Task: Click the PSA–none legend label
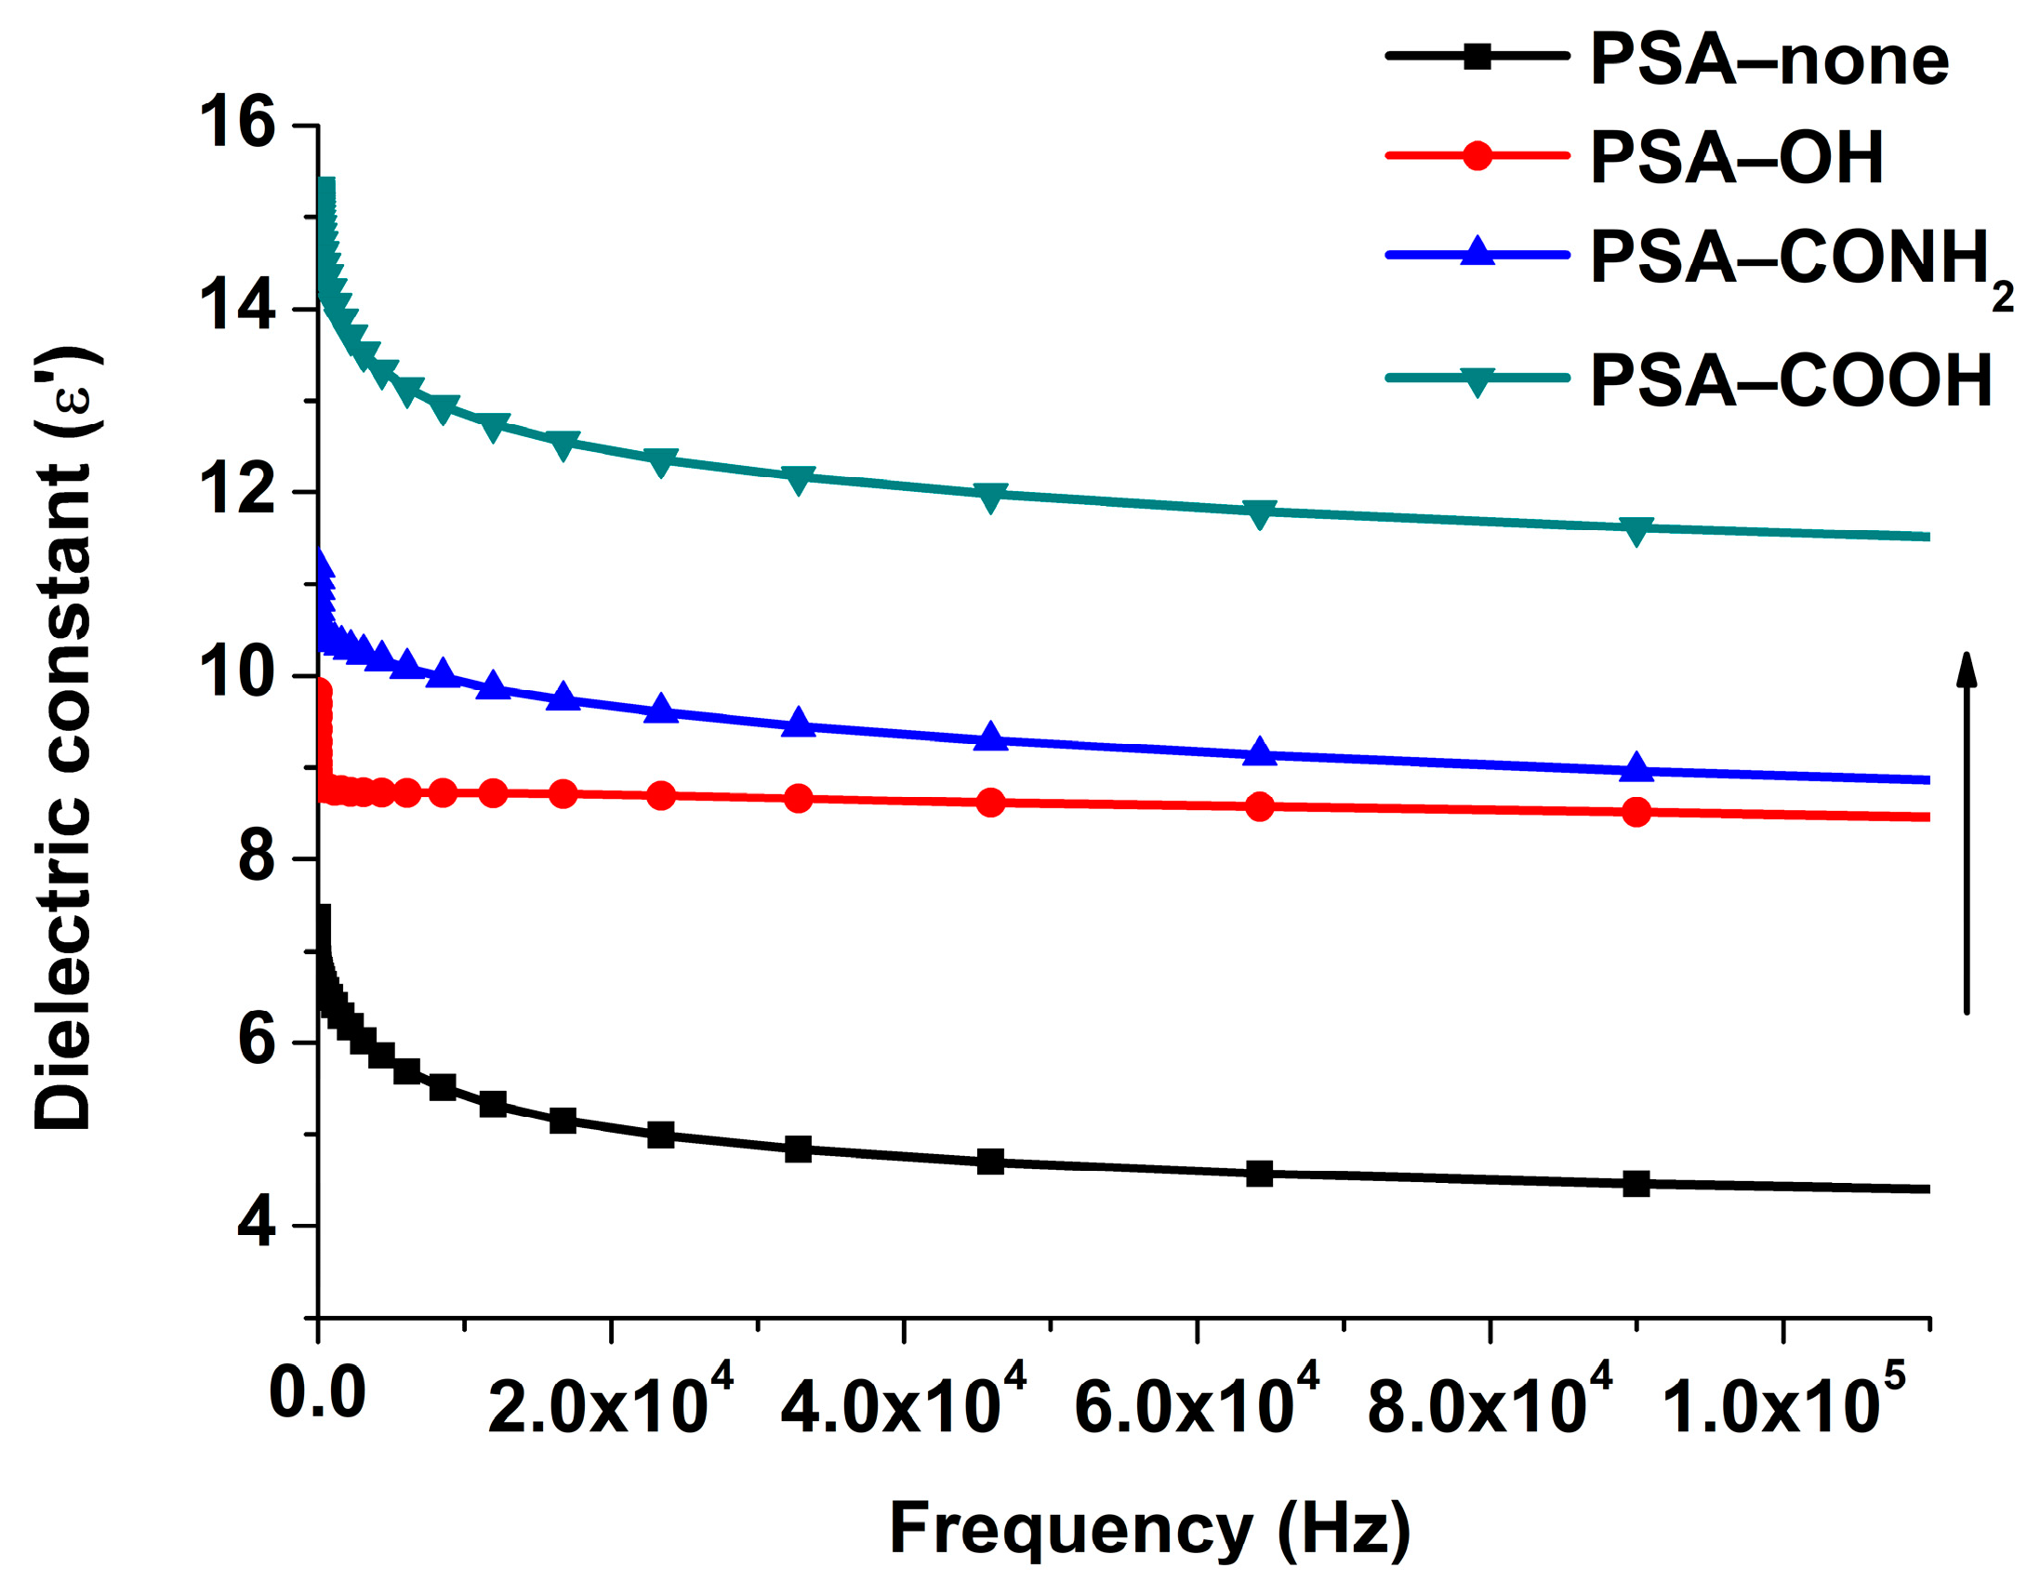pyautogui.click(x=1769, y=60)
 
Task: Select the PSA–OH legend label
pyautogui.click(x=1737, y=158)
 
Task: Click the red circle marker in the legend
pyautogui.click(x=1477, y=155)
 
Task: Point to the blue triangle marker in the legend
pyautogui.click(x=1477, y=252)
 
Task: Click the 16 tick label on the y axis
pyautogui.click(x=237, y=125)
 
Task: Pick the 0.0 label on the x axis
pyautogui.click(x=317, y=1394)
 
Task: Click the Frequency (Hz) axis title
pyautogui.click(x=1149, y=1530)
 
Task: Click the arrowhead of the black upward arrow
pyautogui.click(x=1967, y=669)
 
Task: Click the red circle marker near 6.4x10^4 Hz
pyautogui.click(x=1259, y=806)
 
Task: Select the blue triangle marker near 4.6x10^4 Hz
pyautogui.click(x=991, y=737)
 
